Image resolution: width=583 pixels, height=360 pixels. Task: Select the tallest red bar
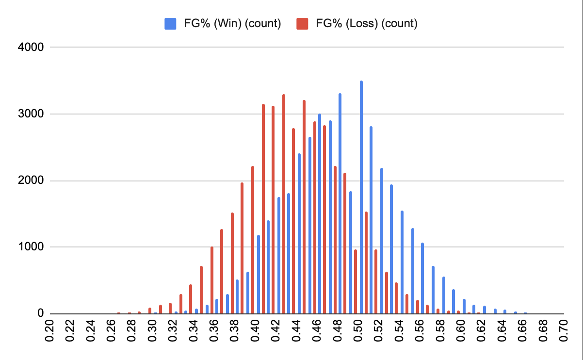(284, 204)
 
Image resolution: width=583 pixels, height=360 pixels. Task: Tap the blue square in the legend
(169, 24)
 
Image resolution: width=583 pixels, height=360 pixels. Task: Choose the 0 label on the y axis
(41, 314)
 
